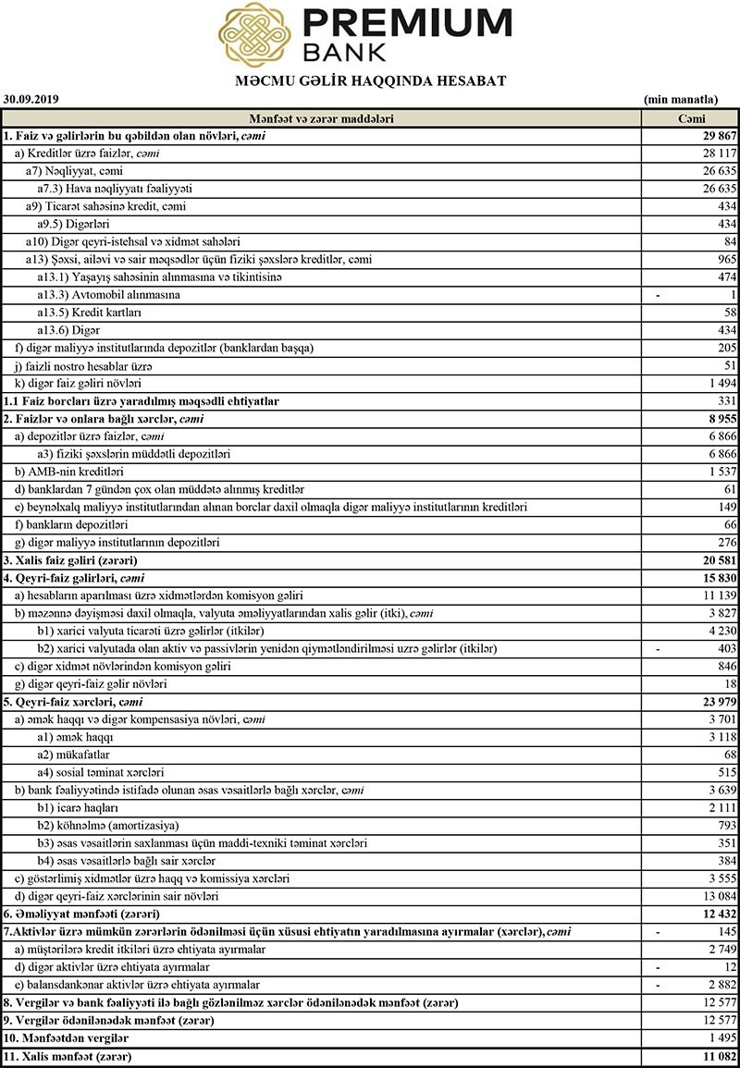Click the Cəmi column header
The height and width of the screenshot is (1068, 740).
[x=690, y=119]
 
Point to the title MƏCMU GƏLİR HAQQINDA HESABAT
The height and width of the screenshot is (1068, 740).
[x=371, y=81]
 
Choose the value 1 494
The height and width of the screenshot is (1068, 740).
[x=721, y=383]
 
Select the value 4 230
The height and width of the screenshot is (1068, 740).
[x=721, y=631]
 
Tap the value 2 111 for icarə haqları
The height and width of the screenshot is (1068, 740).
[x=721, y=807]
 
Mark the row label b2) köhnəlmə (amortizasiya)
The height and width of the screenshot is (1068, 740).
[x=108, y=825]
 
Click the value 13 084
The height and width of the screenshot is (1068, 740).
[x=718, y=896]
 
